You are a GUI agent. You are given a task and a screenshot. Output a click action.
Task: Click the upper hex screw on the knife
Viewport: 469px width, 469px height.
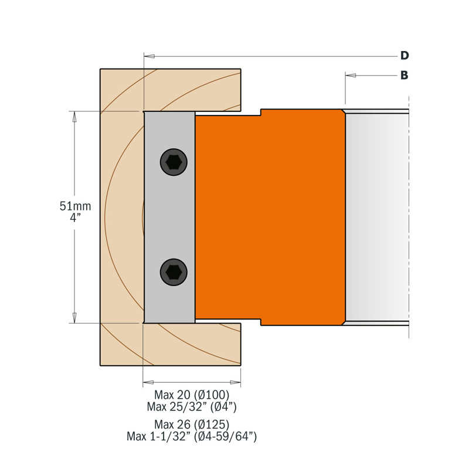tap(174, 162)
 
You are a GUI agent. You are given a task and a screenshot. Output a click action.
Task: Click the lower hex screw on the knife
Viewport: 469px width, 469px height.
tap(174, 271)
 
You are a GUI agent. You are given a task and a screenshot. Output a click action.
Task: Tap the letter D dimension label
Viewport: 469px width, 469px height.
tap(404, 56)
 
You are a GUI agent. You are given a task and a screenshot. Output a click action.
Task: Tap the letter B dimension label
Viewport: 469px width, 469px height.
tap(404, 75)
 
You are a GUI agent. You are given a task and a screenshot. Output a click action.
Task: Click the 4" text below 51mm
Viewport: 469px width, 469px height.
tap(75, 218)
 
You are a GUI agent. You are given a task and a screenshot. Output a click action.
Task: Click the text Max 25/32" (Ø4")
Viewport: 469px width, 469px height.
tap(192, 406)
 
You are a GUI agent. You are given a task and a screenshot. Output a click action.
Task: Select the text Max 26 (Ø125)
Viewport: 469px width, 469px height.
tap(191, 424)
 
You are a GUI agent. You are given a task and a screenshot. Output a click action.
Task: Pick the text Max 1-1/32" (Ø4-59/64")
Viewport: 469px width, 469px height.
tap(192, 436)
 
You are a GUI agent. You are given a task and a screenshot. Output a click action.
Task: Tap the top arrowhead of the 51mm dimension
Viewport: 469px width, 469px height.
tap(74, 117)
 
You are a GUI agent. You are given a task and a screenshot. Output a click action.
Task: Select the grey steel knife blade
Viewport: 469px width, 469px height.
tap(170, 217)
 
